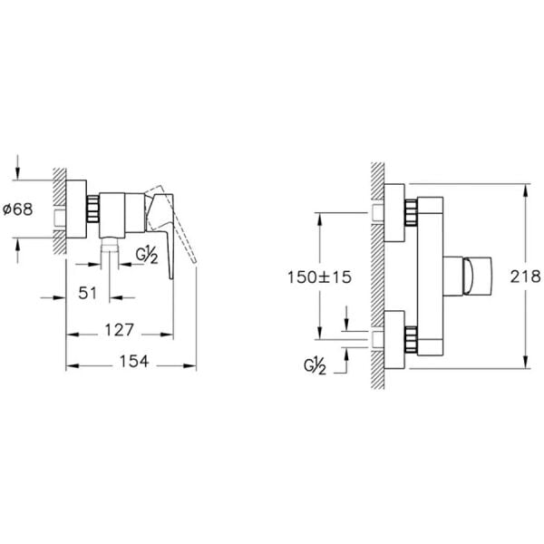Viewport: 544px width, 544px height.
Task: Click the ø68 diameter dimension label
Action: tap(18, 209)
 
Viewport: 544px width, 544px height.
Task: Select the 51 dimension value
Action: tap(87, 293)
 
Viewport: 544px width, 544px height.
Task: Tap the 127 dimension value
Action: tap(119, 330)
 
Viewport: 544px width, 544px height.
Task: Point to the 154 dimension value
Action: tap(134, 361)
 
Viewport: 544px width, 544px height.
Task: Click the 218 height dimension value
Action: tap(525, 277)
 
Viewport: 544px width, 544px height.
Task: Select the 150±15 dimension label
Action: tap(319, 277)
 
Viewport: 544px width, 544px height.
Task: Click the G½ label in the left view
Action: tap(146, 255)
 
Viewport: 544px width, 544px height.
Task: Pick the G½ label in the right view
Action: tap(315, 366)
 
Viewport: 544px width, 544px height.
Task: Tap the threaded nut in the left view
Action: tap(93, 209)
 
